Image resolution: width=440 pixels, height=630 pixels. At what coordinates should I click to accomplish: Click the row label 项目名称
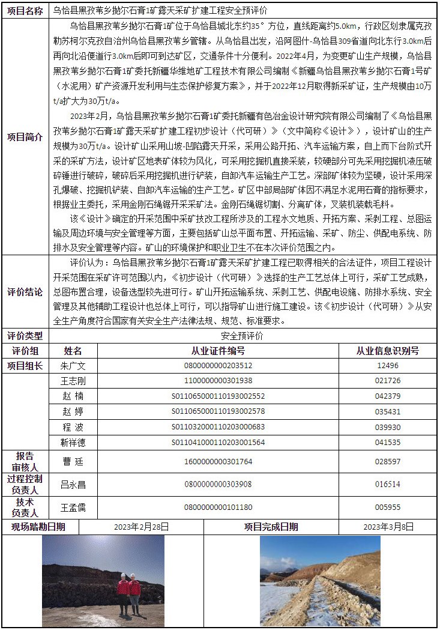[x=25, y=11]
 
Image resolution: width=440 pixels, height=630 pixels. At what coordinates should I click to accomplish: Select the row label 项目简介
[x=25, y=137]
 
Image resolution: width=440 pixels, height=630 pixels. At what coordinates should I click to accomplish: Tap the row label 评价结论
[x=25, y=292]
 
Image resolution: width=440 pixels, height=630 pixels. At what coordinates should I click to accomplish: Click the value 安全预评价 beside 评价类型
[x=242, y=336]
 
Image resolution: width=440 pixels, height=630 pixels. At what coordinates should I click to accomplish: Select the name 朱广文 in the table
[x=73, y=366]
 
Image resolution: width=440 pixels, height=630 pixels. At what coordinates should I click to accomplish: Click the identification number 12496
[x=387, y=366]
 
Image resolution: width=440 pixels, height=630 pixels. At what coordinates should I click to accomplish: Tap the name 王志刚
[x=73, y=381]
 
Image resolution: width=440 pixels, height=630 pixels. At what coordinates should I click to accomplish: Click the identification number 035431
[x=387, y=412]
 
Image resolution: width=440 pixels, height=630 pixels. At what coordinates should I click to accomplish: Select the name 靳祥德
[x=73, y=443]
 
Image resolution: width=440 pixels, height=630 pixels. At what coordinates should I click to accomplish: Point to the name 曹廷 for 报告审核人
[x=73, y=461]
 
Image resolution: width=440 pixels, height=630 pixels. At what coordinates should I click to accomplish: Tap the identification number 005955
[x=387, y=507]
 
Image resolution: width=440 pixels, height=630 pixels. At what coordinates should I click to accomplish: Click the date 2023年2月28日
[x=141, y=527]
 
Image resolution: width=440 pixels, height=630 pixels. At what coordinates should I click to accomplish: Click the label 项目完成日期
[x=271, y=527]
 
